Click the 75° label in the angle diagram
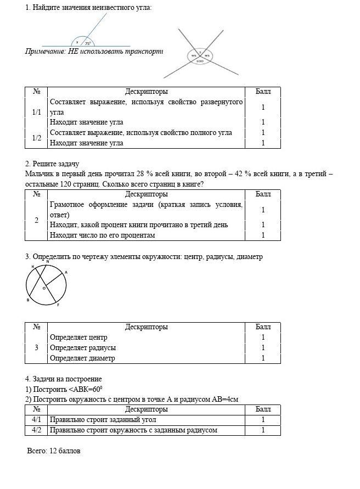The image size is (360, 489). coord(88,43)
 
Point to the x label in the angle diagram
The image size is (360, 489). coord(77,42)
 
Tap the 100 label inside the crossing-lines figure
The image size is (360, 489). coord(200,61)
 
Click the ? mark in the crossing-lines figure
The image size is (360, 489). coord(200,52)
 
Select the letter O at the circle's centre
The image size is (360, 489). coord(44,288)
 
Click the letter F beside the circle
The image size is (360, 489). coord(58,305)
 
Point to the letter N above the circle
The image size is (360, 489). coord(47,262)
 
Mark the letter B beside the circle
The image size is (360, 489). coord(28,300)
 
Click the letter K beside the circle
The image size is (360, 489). coord(32,266)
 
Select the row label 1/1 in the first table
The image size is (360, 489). coord(36,112)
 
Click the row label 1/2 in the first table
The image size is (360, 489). coord(36,138)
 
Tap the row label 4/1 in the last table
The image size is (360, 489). coord(36,420)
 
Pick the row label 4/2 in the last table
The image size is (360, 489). coord(36,430)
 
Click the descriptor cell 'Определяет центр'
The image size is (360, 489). coord(78,338)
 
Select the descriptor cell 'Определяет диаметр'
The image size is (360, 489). coord(82,358)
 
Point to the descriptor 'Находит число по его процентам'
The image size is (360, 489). coord(102,235)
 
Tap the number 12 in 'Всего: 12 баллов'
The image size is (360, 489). coord(53,451)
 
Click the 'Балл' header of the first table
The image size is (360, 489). coord(263,92)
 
